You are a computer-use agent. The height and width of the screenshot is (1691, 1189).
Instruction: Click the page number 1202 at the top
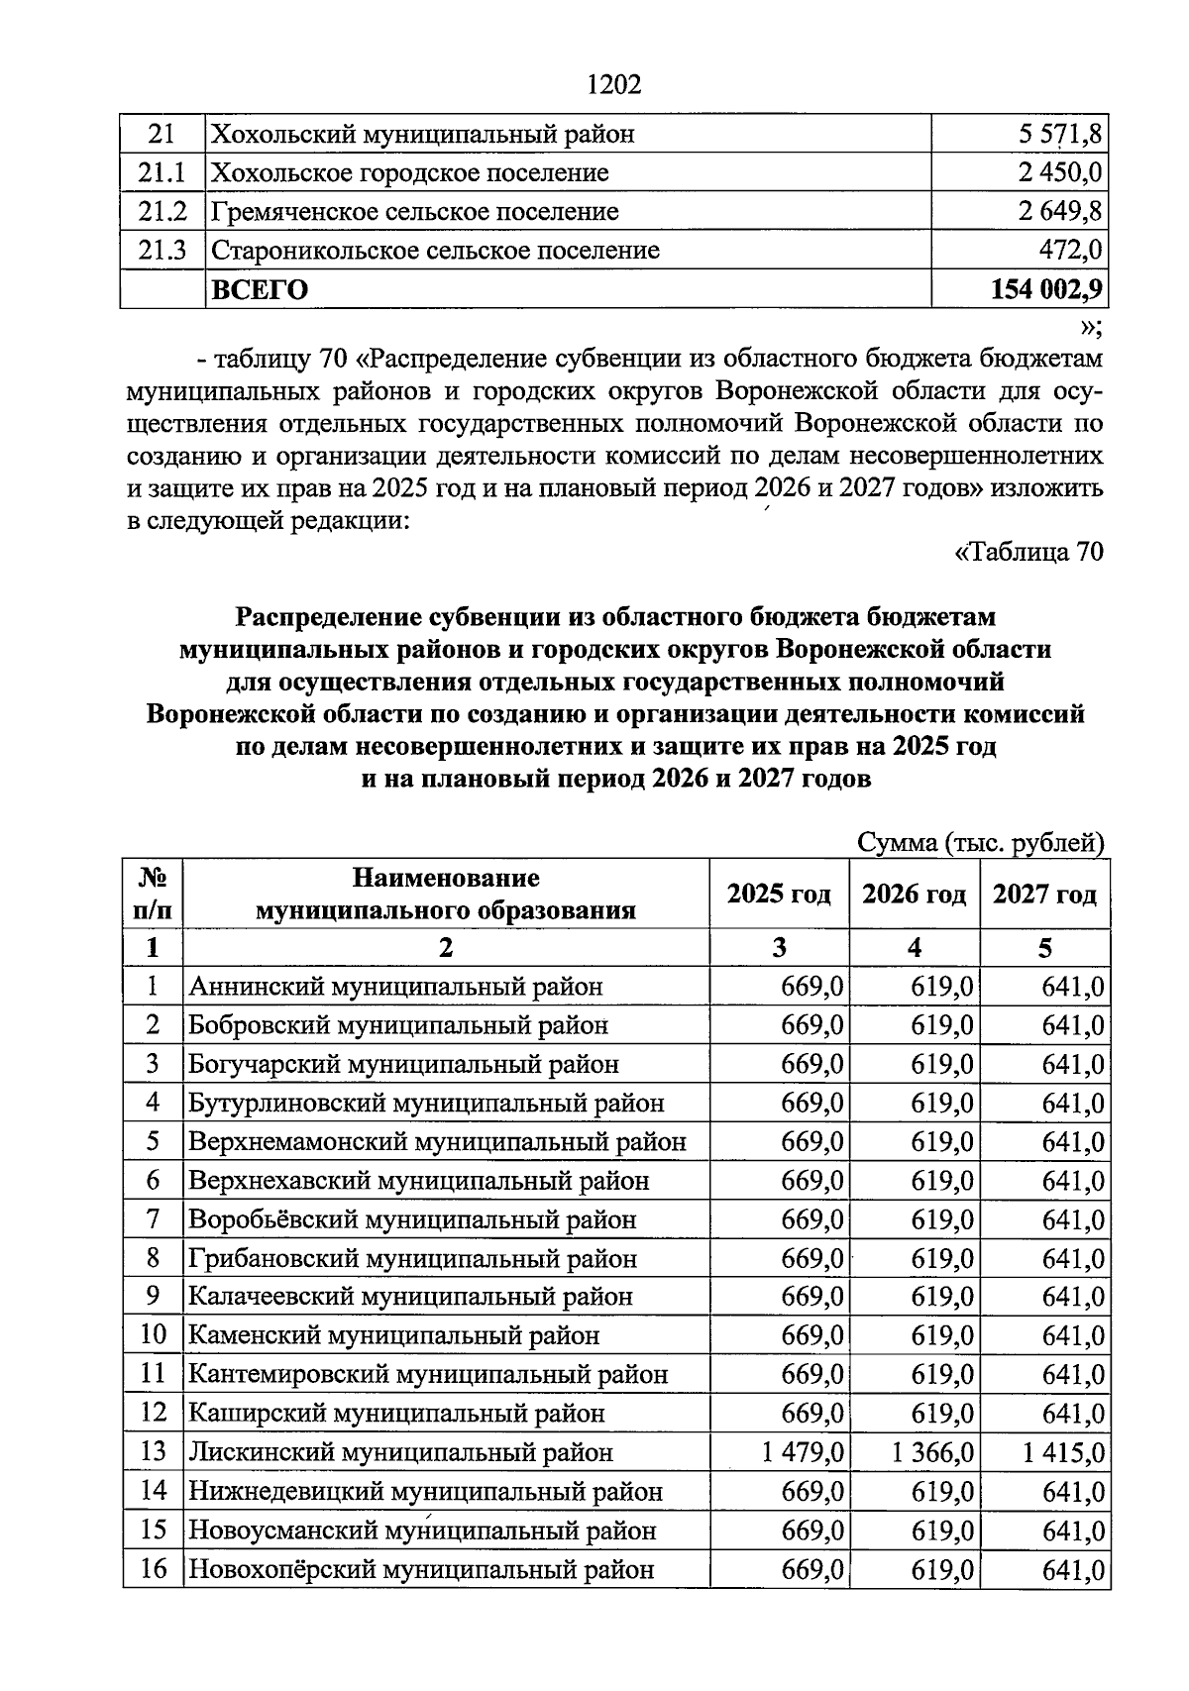pyautogui.click(x=614, y=85)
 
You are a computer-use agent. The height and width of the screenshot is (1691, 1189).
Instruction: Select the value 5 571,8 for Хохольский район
pyautogui.click(x=1053, y=134)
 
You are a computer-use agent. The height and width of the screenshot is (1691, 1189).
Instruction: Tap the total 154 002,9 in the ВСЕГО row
pyautogui.click(x=1046, y=289)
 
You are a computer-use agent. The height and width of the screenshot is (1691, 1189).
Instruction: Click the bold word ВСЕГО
pyautogui.click(x=261, y=289)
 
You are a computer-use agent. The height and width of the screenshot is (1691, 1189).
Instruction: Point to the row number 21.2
pyautogui.click(x=162, y=211)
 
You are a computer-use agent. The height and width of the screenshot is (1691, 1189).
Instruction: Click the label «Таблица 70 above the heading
pyautogui.click(x=1028, y=552)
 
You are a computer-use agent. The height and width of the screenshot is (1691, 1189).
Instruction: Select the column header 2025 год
pyautogui.click(x=779, y=894)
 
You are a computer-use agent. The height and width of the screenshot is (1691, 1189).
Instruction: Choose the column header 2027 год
pyautogui.click(x=1044, y=894)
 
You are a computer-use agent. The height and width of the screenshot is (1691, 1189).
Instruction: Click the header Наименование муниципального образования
pyautogui.click(x=446, y=894)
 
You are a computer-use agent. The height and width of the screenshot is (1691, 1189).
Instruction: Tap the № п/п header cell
pyautogui.click(x=152, y=894)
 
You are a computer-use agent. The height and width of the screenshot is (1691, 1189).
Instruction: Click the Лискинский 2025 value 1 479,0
pyautogui.click(x=803, y=1452)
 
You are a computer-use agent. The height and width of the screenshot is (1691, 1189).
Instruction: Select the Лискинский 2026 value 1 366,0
pyautogui.click(x=932, y=1452)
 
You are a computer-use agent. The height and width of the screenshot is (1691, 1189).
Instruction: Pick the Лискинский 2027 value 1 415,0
pyautogui.click(x=1063, y=1452)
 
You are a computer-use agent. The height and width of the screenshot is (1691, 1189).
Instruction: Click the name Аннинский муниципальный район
pyautogui.click(x=395, y=987)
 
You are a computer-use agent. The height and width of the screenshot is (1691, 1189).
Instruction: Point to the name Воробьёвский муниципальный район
pyautogui.click(x=412, y=1219)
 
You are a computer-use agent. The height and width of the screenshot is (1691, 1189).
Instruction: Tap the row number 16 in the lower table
pyautogui.click(x=153, y=1569)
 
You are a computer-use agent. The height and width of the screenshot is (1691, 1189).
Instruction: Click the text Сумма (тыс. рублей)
pyautogui.click(x=980, y=843)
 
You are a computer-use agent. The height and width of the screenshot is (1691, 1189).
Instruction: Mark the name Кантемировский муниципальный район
pyautogui.click(x=428, y=1375)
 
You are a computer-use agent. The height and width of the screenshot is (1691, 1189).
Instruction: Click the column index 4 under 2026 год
pyautogui.click(x=914, y=948)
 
